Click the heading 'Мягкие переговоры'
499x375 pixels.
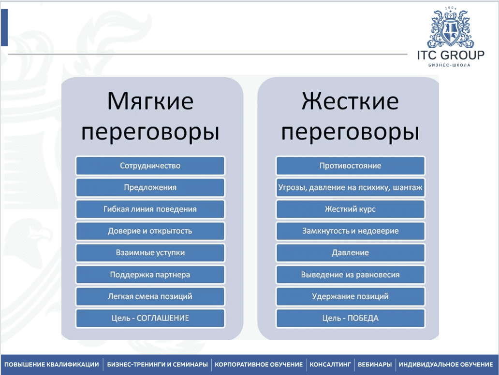click(150, 116)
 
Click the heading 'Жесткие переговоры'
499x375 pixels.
click(350, 116)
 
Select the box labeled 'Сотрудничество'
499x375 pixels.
click(150, 166)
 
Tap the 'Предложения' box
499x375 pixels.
click(150, 187)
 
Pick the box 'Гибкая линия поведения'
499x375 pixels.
click(150, 209)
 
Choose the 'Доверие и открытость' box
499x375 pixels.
click(150, 231)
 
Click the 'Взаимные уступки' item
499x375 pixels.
click(150, 252)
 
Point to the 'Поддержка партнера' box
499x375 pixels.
click(150, 275)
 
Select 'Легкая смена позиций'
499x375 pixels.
click(150, 296)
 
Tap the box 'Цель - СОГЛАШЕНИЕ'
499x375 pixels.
click(150, 318)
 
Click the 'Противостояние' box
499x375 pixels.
click(350, 166)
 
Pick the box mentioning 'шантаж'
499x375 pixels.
click(350, 187)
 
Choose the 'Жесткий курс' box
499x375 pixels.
click(350, 209)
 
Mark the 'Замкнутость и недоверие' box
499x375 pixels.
click(350, 231)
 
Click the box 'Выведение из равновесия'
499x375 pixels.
click(350, 275)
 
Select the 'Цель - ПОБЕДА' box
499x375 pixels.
click(350, 318)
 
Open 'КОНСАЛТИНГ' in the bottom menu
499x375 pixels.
click(330, 364)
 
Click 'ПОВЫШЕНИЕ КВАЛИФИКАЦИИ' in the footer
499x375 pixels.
click(52, 364)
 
